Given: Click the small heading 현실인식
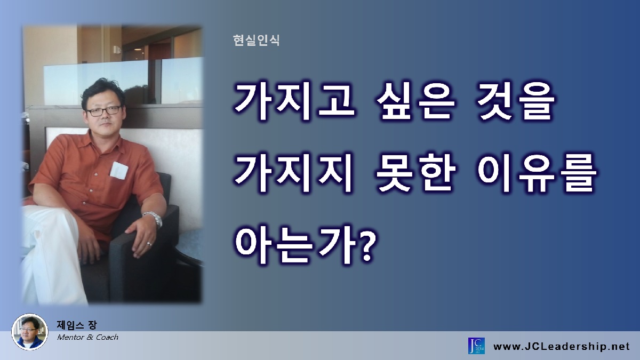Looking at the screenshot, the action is point(256,41).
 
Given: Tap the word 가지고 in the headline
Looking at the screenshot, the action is point(294,102).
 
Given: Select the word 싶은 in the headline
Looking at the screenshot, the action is point(415,102).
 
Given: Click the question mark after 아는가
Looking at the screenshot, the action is point(367,246).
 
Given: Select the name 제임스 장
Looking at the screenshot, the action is point(77,325).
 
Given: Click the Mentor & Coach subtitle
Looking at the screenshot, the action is point(87,338).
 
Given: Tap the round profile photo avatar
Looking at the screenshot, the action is point(30,332).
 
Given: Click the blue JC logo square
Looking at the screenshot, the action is point(476,346).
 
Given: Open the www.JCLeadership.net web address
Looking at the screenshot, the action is point(561,347).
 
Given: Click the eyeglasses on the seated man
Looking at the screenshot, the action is point(104,110).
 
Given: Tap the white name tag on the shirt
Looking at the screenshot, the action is point(119,171).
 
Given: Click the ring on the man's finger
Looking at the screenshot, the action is point(149,244).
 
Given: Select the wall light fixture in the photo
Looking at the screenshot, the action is point(116,50).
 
